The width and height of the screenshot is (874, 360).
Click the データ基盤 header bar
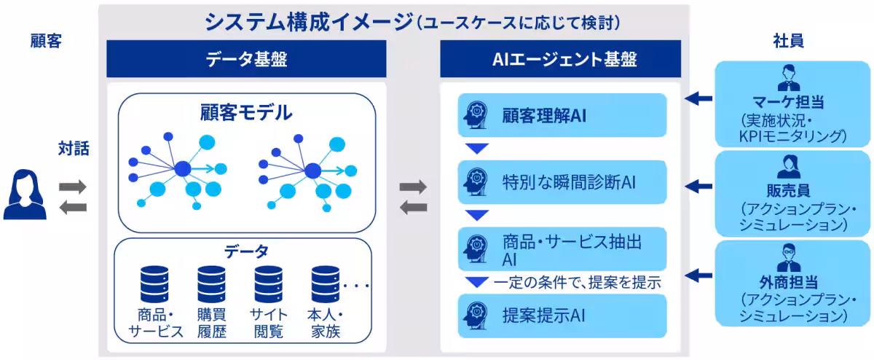(246, 59)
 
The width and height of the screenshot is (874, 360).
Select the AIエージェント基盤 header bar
(561, 59)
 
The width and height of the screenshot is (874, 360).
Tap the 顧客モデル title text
(246, 113)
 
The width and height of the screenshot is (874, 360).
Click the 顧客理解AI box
(562, 115)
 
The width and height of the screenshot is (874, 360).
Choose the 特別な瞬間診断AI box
(562, 182)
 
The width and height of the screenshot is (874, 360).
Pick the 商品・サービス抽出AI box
(562, 249)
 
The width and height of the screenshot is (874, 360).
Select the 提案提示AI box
(562, 316)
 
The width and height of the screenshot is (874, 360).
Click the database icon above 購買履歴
(211, 285)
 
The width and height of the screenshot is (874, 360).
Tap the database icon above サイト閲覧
(269, 285)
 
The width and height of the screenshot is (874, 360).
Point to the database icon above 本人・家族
(326, 285)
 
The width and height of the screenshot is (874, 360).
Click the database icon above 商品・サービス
(154, 285)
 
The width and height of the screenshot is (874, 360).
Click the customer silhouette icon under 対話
(25, 194)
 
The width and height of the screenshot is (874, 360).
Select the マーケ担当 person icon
(789, 78)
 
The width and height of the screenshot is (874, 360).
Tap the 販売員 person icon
(789, 167)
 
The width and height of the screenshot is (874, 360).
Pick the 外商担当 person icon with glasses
(789, 258)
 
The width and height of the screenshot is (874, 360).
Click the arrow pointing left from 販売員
(698, 186)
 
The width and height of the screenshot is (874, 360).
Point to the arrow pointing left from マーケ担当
(698, 98)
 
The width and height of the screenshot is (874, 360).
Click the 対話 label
(74, 149)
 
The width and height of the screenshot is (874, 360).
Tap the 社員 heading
(789, 41)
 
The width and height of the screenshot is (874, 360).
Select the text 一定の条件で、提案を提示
(577, 282)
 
